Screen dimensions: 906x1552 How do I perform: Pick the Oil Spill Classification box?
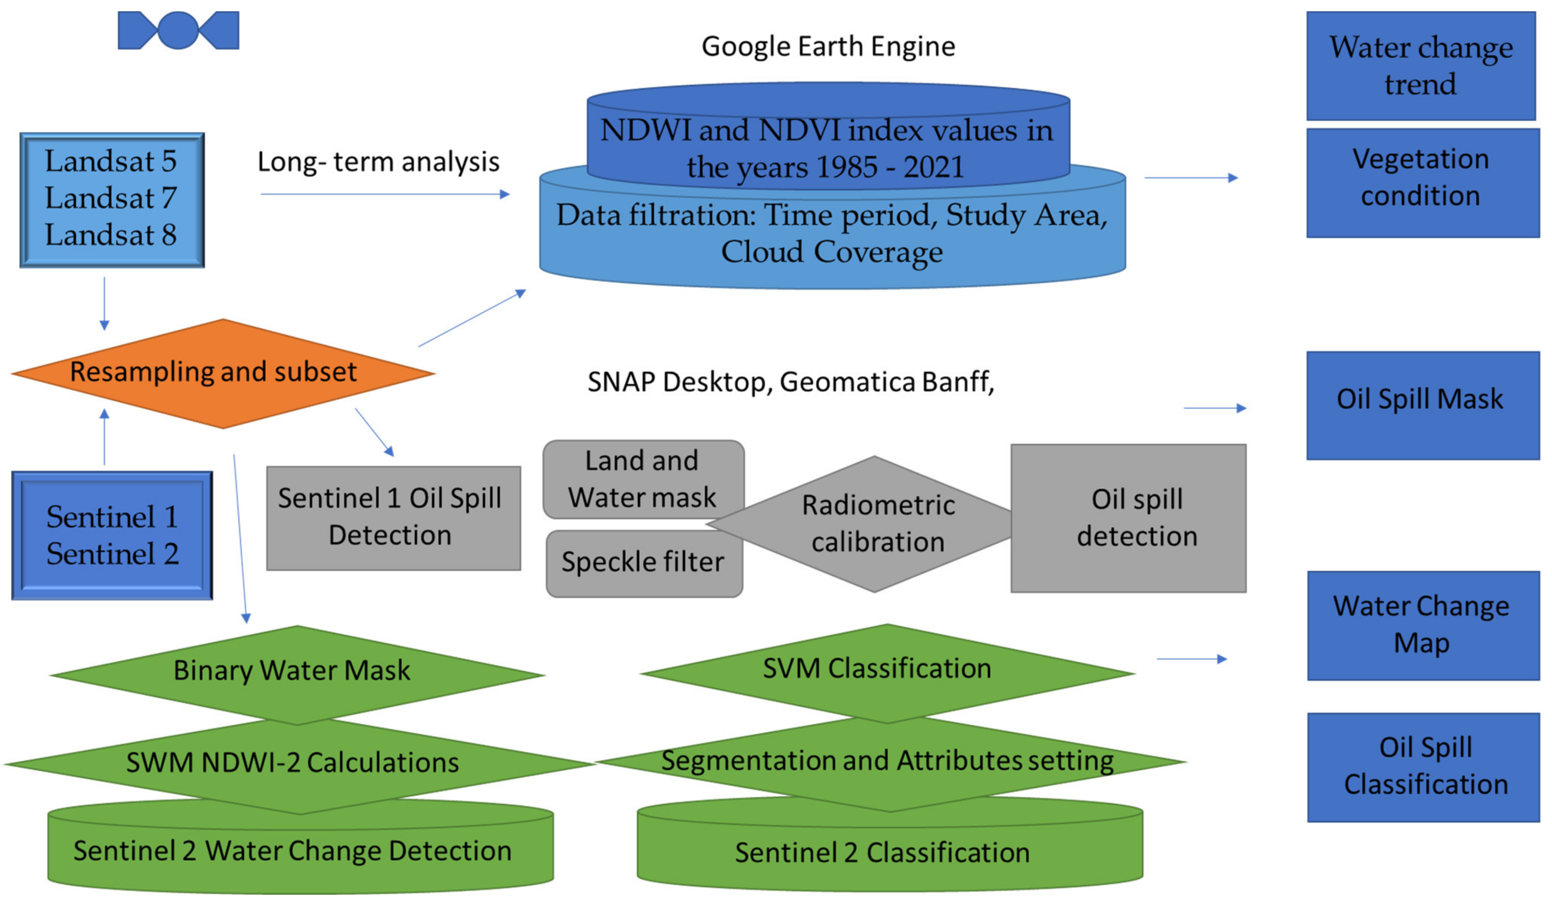(1423, 767)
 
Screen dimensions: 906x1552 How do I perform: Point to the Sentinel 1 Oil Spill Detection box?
(393, 517)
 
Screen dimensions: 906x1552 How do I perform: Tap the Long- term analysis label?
(378, 162)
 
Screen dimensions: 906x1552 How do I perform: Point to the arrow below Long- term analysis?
(385, 194)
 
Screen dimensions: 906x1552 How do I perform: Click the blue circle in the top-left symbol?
(178, 30)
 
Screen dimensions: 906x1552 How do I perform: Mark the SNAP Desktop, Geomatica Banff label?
(790, 382)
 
